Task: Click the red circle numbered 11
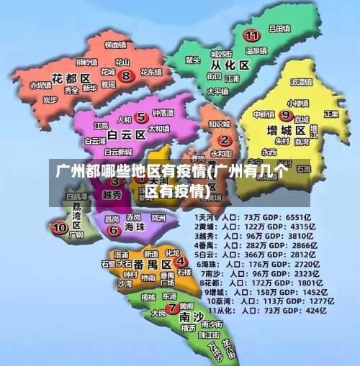click(251, 35)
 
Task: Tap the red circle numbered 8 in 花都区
click(126, 74)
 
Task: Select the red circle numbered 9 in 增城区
click(286, 115)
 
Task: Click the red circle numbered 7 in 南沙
click(171, 309)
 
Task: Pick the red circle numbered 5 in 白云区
click(142, 117)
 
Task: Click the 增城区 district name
click(287, 131)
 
